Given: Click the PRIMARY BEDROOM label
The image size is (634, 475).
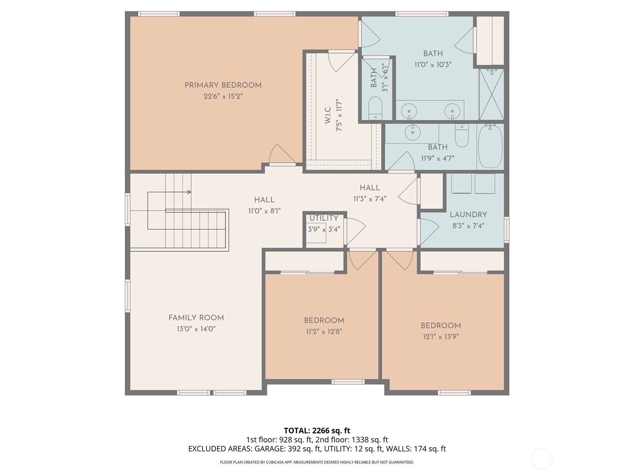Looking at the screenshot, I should (223, 85).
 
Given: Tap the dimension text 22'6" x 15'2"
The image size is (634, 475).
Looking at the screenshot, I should (223, 96).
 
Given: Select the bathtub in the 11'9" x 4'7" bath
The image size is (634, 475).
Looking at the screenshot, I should (490, 147).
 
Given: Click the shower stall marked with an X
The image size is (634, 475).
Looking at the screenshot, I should (491, 94).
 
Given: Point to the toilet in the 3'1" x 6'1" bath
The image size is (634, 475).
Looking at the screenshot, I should (375, 108).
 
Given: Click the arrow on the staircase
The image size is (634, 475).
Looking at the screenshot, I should (189, 192).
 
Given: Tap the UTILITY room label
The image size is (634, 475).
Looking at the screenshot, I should (324, 218).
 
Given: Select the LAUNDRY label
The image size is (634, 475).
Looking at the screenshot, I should (468, 215).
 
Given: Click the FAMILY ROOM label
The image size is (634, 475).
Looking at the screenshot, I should (196, 317).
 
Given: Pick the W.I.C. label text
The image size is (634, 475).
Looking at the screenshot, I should (328, 115).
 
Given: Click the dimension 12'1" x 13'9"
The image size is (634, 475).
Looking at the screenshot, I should (441, 337).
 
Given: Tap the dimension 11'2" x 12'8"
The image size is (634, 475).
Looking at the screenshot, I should (324, 332).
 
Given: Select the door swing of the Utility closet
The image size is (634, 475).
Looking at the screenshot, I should (355, 230).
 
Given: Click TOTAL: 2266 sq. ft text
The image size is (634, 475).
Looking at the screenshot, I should (317, 430).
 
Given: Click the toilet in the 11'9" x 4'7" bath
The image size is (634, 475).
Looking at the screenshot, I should (462, 135).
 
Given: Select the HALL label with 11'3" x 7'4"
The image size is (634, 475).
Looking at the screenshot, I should (370, 188).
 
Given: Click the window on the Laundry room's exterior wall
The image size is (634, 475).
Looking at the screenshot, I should (506, 230).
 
